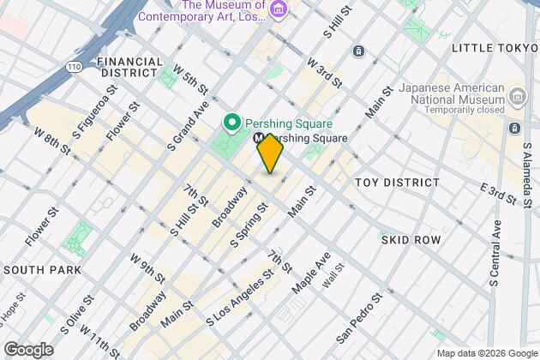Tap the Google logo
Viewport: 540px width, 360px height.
pyautogui.click(x=28, y=350)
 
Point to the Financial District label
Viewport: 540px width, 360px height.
pyautogui.click(x=130, y=68)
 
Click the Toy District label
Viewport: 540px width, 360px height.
pyautogui.click(x=397, y=183)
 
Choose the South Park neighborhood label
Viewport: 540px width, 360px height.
pyautogui.click(x=42, y=269)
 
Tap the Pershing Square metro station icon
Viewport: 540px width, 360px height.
pyautogui.click(x=260, y=138)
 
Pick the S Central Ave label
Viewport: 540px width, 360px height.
pyautogui.click(x=496, y=252)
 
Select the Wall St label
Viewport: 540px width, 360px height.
pyautogui.click(x=332, y=276)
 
